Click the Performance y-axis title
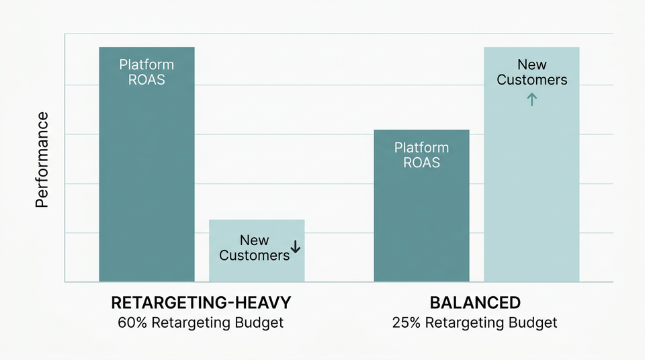42,160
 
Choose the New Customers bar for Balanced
531,188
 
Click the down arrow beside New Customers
296,248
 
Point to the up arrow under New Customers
531,100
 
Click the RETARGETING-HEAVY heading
201,302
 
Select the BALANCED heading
475,302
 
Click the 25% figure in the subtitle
406,322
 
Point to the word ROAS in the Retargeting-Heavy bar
146,80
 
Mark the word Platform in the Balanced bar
421,147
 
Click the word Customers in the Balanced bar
532,80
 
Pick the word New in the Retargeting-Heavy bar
254,240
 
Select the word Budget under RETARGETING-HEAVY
258,322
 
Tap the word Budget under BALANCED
532,322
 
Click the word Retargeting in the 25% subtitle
464,322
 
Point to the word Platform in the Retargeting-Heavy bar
146,64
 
